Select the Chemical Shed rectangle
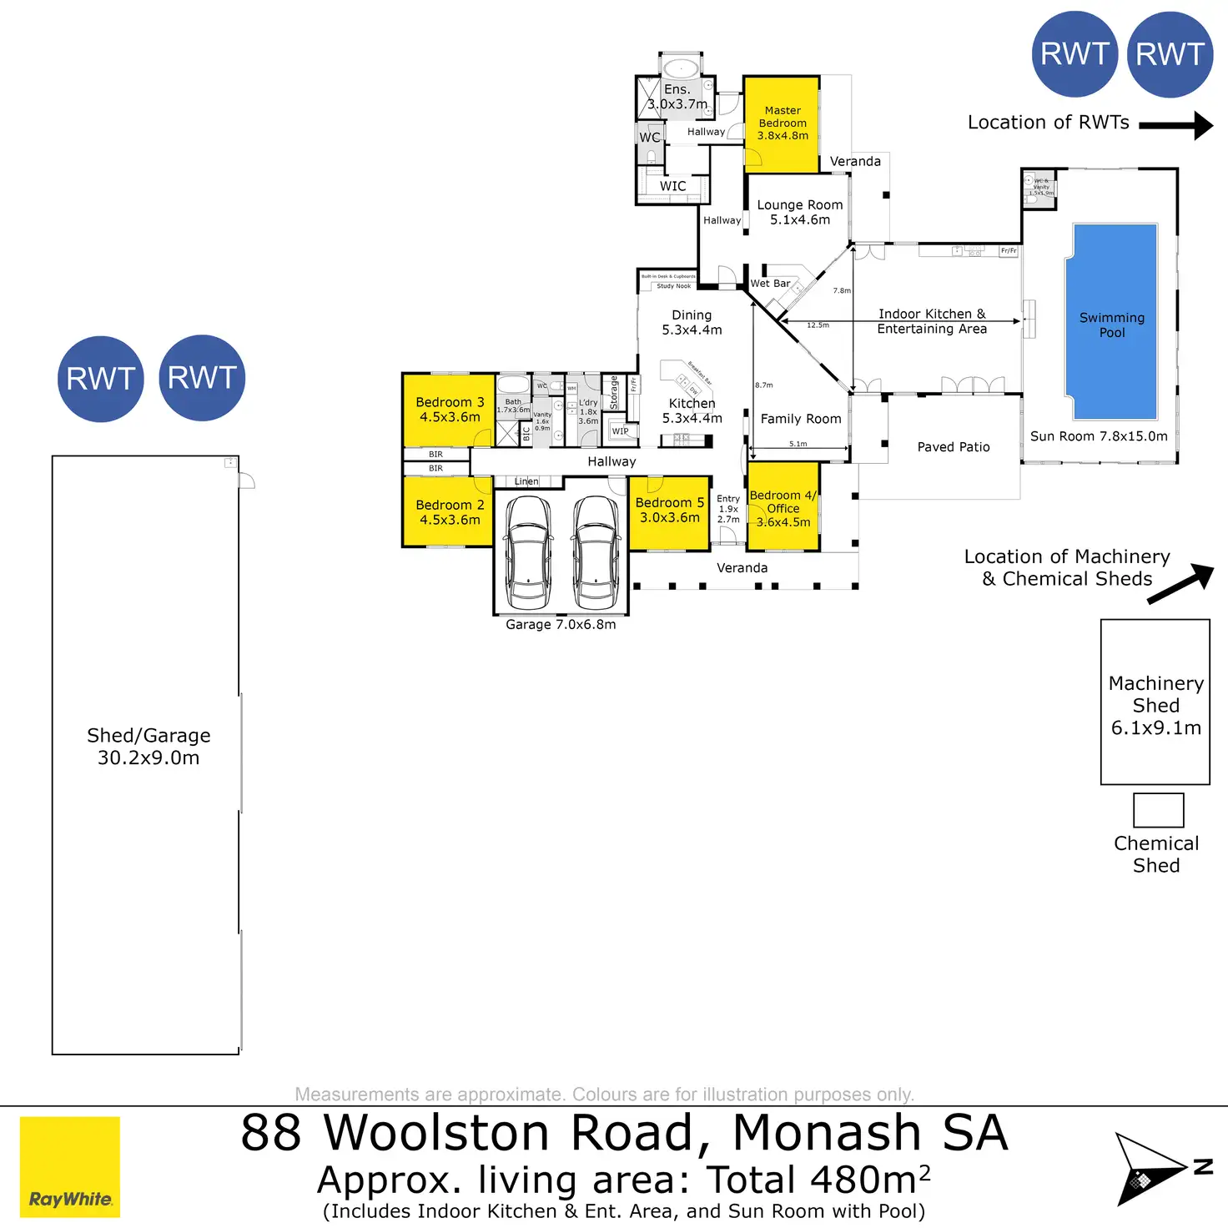tap(1158, 810)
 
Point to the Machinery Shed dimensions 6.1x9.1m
tap(1155, 728)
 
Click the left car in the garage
tap(528, 552)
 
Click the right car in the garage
tap(596, 552)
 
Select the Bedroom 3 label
tap(450, 402)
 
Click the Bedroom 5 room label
tap(669, 503)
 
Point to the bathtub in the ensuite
tap(682, 67)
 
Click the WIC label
tap(672, 186)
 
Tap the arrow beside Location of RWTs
tap(1176, 125)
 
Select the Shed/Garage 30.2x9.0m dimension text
tap(148, 758)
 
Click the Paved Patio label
tap(954, 447)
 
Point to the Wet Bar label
tap(770, 284)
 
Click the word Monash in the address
tap(826, 1133)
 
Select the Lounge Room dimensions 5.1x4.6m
tap(800, 220)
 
